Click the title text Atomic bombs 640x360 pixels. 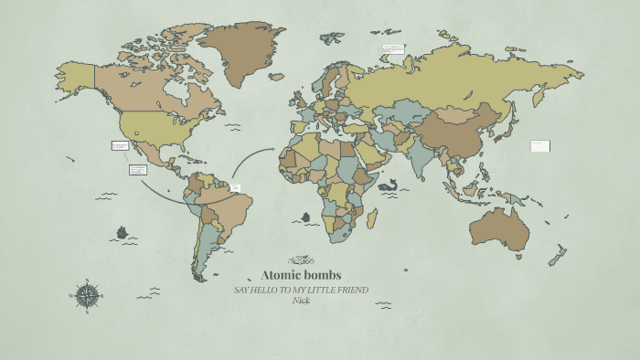(302, 275)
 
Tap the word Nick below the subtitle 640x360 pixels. (301, 300)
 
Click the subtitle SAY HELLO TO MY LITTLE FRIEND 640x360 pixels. (301, 290)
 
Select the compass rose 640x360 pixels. (87, 294)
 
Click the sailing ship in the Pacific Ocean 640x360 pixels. (123, 233)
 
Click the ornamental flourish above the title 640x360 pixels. (302, 259)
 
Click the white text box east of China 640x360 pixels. (539, 145)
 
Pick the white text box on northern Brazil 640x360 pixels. (236, 187)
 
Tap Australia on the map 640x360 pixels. (499, 228)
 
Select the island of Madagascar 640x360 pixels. (373, 218)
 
